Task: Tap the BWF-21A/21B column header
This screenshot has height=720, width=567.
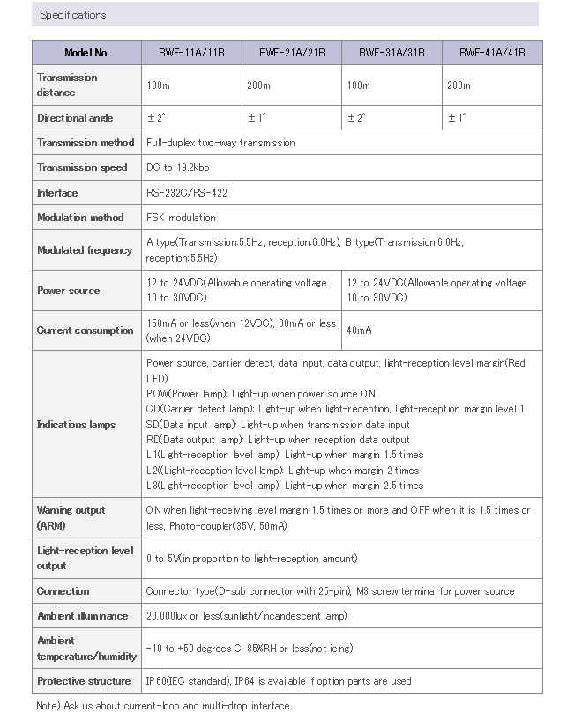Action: point(292,53)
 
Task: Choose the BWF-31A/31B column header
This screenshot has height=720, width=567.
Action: point(392,53)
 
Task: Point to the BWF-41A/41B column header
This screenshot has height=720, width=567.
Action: point(492,53)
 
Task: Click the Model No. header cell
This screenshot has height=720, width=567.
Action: point(87,53)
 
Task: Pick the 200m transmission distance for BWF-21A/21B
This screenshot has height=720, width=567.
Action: point(261,85)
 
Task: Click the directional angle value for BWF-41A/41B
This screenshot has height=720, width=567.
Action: point(457,118)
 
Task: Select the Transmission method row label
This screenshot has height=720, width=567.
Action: point(86,143)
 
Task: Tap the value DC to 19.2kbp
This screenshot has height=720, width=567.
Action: point(177,167)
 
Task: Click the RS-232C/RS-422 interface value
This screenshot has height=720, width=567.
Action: point(186,193)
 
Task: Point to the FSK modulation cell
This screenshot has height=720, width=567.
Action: point(181,218)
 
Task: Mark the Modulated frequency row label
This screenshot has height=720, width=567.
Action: point(85,250)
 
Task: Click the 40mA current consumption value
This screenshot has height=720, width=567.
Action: point(360,330)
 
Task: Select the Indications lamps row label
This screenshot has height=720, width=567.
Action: point(76,425)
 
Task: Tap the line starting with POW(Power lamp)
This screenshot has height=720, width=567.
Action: point(260,394)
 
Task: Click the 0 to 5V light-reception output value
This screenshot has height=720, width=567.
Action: point(251,559)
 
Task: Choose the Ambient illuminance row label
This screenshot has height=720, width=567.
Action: point(82,616)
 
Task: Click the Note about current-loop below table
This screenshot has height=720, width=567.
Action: point(164,706)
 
